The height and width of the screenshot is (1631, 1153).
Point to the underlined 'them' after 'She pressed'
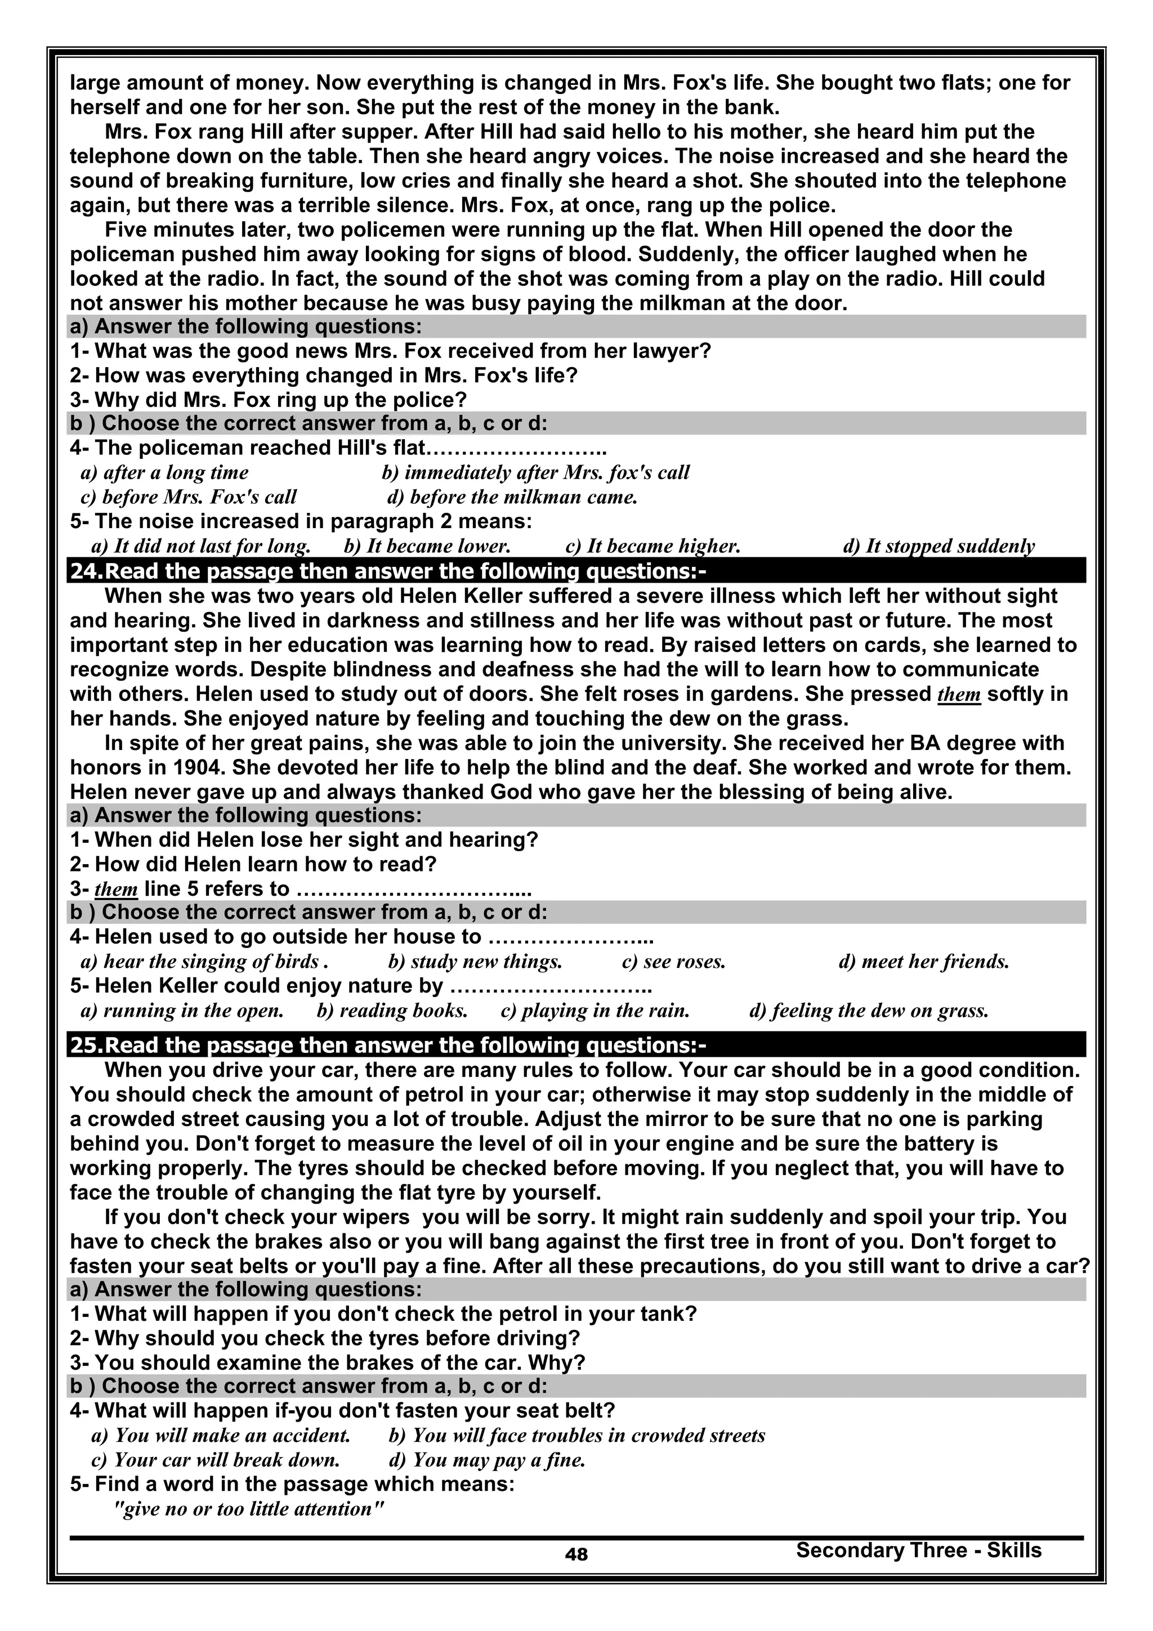[959, 694]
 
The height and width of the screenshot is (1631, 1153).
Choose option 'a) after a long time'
[165, 472]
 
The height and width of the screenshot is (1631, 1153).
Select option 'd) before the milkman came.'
[512, 497]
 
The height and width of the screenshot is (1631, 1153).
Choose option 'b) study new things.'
[475, 962]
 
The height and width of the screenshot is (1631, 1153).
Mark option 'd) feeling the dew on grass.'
[869, 1010]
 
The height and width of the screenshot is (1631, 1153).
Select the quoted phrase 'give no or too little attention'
[249, 1509]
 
